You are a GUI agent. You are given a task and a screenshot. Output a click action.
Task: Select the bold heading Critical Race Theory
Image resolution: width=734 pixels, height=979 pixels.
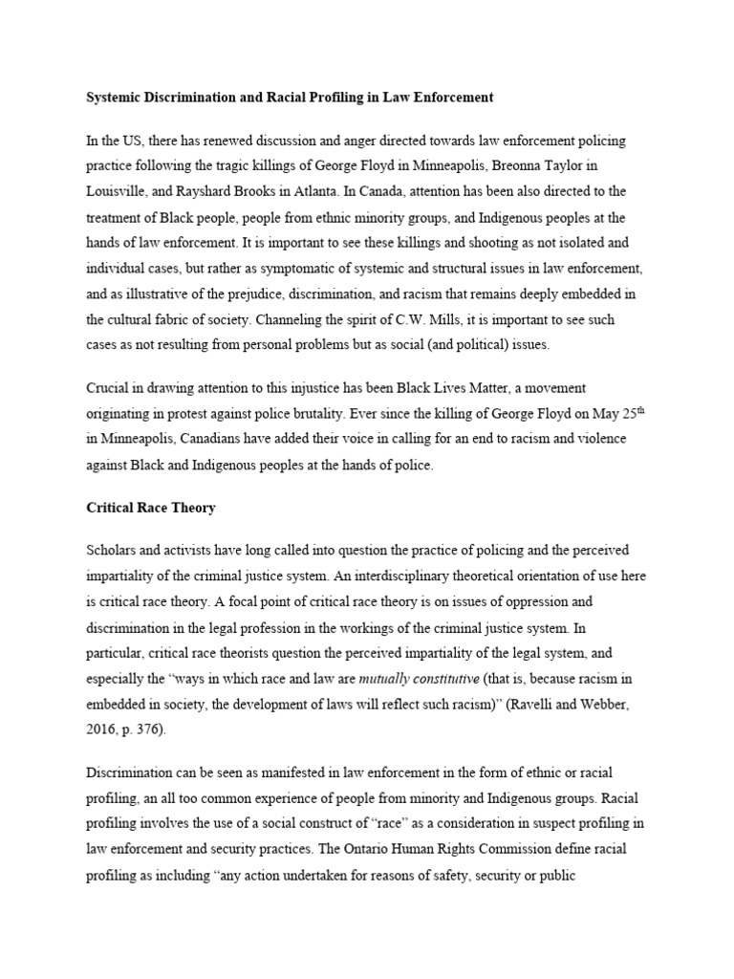click(151, 508)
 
